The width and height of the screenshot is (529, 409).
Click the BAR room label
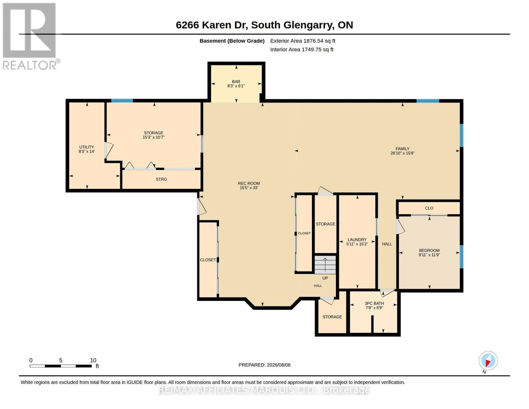click(236, 81)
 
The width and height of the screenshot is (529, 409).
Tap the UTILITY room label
click(87, 147)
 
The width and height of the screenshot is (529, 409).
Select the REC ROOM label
click(249, 183)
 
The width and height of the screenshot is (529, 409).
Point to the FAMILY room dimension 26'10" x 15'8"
click(402, 153)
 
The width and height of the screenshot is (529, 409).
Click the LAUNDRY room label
click(357, 240)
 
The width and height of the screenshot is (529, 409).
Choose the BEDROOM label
click(429, 250)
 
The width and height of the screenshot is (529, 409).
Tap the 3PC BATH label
click(374, 303)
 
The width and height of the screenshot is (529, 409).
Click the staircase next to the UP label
click(325, 264)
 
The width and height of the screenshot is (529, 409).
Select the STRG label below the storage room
click(161, 179)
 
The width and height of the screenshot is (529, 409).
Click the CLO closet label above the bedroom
click(429, 208)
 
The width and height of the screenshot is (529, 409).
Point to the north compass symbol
click(488, 361)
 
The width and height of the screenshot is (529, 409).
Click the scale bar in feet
click(61, 366)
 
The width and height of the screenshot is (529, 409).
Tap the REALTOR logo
click(30, 36)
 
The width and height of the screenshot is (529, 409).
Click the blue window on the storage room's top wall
click(122, 100)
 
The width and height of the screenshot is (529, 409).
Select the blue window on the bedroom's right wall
click(461, 257)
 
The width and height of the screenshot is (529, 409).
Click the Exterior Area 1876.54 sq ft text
click(302, 41)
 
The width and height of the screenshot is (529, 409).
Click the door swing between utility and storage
click(109, 150)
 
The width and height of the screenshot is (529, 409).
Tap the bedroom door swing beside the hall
click(400, 227)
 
